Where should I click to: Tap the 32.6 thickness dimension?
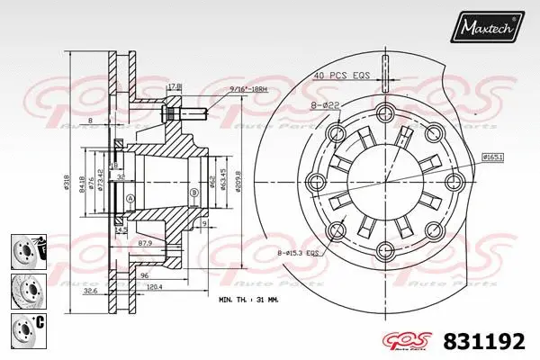91,290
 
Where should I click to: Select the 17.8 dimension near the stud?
175,87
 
